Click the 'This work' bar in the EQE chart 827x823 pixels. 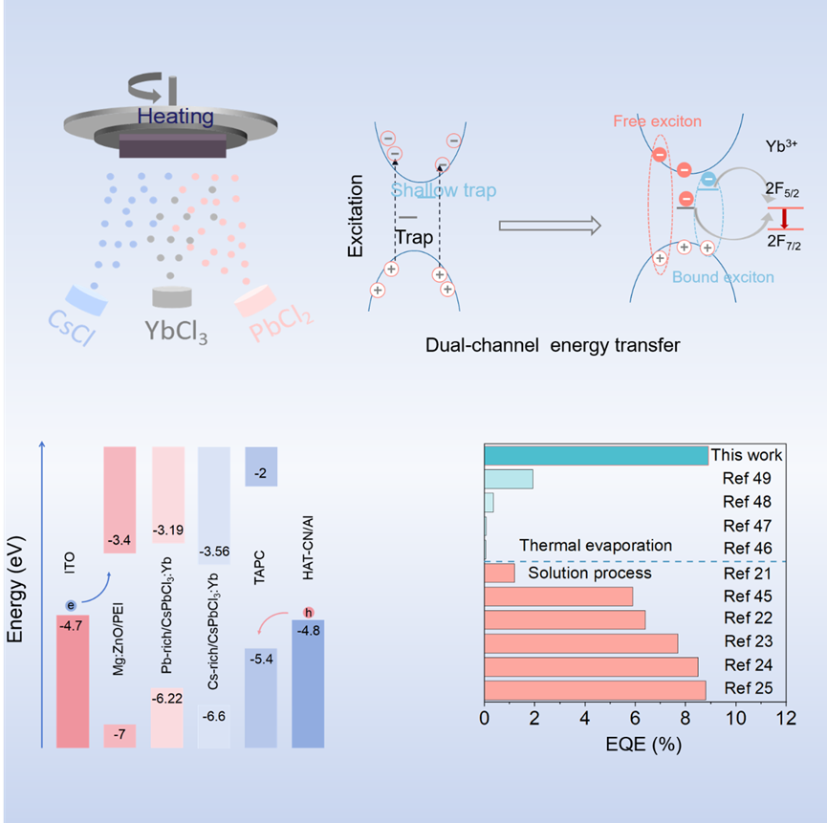click(597, 456)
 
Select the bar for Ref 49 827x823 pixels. click(509, 479)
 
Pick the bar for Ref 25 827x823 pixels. click(596, 690)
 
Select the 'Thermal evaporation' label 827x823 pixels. click(596, 546)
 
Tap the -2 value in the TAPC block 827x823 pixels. click(261, 474)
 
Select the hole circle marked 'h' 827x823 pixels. click(308, 612)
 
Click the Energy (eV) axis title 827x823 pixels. click(16, 594)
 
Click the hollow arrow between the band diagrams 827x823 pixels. click(550, 227)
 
